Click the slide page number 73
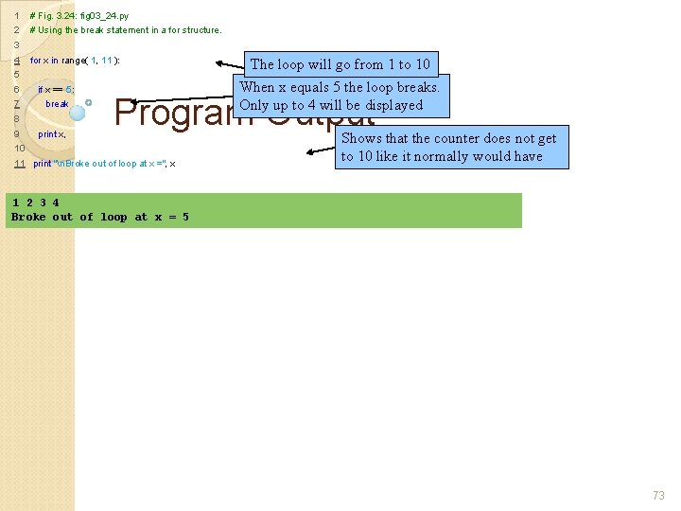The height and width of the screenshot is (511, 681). pos(658,496)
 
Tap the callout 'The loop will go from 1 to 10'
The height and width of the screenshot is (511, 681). pos(340,64)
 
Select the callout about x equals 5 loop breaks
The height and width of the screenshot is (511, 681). pos(340,96)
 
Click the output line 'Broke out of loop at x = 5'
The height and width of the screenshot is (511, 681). pos(99,218)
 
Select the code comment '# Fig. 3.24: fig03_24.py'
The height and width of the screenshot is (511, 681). pos(79,16)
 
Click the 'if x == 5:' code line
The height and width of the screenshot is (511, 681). pos(55,89)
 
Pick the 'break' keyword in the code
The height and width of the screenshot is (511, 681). pos(57,104)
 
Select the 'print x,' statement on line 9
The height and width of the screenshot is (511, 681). pos(51,134)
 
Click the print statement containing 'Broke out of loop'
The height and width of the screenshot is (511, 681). pos(104,164)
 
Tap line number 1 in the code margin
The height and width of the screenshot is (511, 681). pos(17,16)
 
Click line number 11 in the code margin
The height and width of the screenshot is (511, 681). pos(19,164)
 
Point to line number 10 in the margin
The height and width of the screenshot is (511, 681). pos(19,149)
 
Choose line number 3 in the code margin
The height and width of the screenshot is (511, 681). pos(17,45)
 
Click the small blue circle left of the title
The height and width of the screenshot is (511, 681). pos(88,101)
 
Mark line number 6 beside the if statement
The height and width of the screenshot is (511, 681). pos(17,90)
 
